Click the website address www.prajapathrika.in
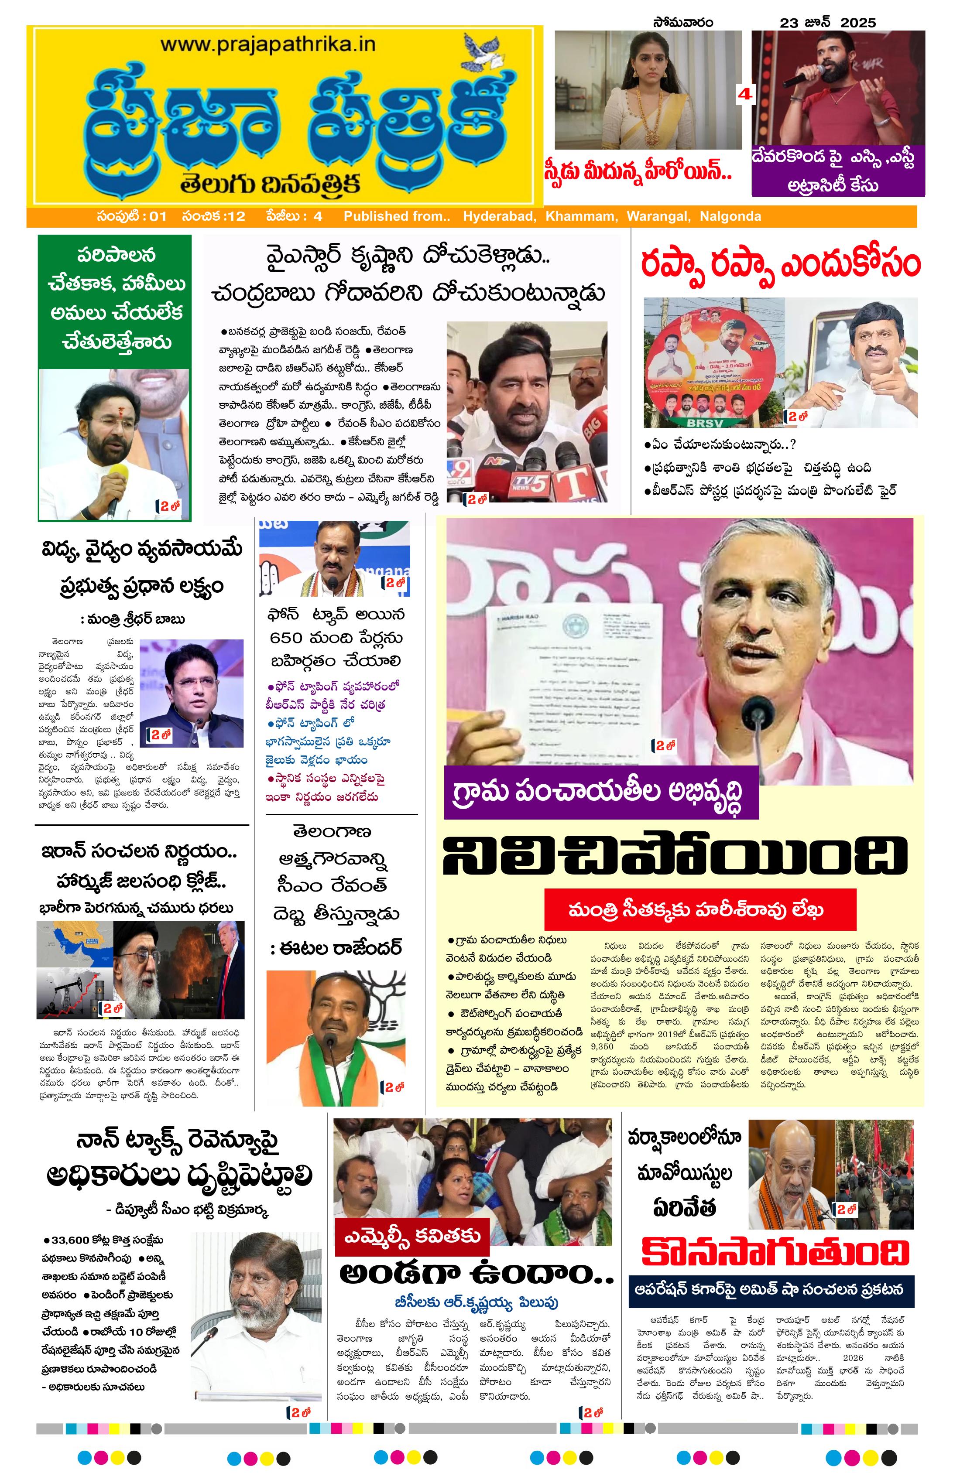(x=268, y=45)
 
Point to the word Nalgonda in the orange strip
(x=730, y=216)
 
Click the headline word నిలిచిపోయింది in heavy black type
(x=675, y=856)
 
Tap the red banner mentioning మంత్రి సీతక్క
(x=699, y=910)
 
